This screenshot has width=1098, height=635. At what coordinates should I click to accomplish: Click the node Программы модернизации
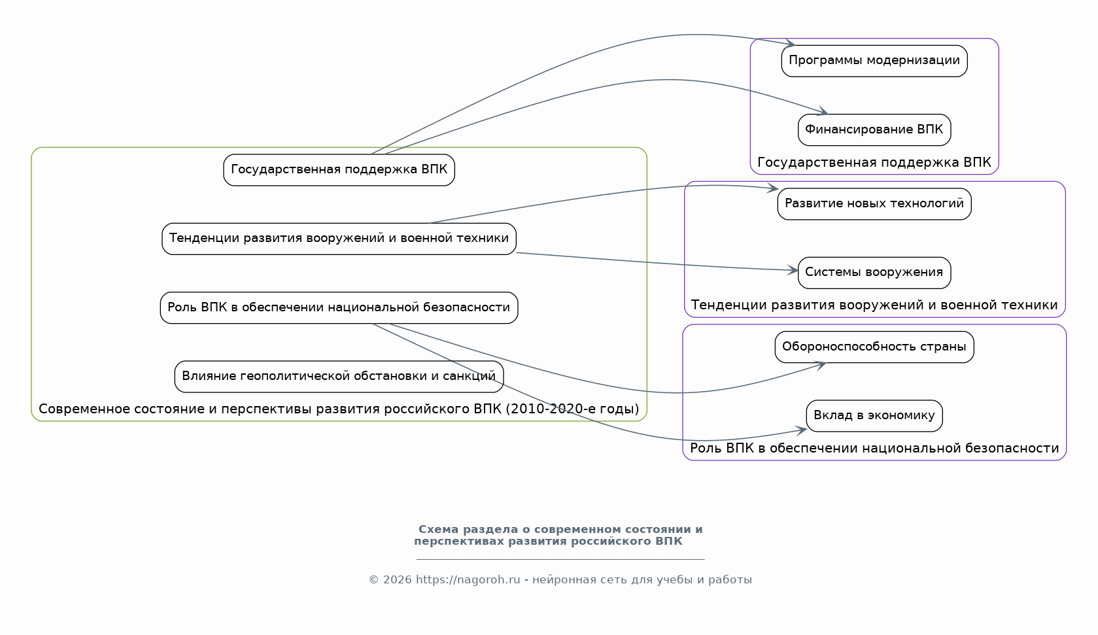[874, 61]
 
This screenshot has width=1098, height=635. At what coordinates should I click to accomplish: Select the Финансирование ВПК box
[874, 129]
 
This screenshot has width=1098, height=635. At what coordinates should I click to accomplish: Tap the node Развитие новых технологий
[874, 203]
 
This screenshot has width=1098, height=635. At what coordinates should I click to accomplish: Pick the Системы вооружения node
[874, 272]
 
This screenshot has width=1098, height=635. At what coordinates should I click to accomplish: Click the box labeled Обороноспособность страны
[874, 347]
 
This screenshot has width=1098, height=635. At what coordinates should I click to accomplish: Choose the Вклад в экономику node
[874, 415]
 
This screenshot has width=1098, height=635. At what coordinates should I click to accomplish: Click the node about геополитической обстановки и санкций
[339, 376]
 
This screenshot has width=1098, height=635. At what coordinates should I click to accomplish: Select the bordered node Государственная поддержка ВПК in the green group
[339, 169]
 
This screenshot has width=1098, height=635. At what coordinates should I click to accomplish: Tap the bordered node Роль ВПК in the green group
[339, 307]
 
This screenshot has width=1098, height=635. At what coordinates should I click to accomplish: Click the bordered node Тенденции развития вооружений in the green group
[339, 238]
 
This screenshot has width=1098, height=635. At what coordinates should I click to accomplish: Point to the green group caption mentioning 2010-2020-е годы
[339, 409]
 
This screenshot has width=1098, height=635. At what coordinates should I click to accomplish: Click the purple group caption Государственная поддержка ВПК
[874, 162]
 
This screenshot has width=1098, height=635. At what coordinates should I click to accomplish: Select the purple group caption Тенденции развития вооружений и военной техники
[874, 305]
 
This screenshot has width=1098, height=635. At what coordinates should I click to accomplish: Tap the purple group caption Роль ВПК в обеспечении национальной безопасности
[874, 449]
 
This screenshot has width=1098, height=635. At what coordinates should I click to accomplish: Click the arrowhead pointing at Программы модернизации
[791, 44]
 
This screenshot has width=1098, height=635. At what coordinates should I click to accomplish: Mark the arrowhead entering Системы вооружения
[794, 269]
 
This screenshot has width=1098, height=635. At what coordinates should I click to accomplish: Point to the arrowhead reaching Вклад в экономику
[802, 430]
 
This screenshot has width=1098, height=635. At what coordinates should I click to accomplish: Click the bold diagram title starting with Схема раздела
[560, 535]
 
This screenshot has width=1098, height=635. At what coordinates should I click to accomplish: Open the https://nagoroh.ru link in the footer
[468, 580]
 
